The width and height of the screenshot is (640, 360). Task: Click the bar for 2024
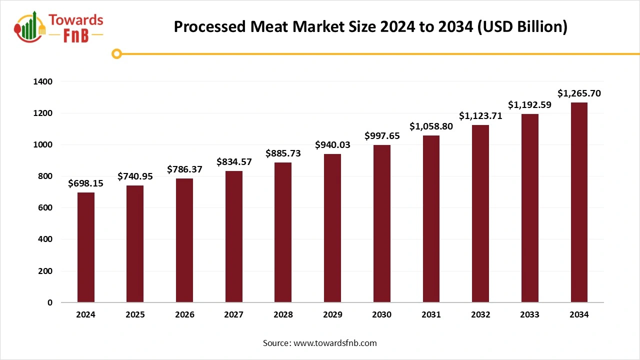(x=86, y=247)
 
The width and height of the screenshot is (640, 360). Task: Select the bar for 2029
(x=332, y=228)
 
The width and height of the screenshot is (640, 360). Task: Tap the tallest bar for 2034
(x=579, y=202)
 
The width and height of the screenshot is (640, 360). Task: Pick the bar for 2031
(x=431, y=219)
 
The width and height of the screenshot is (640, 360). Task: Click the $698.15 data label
(x=86, y=183)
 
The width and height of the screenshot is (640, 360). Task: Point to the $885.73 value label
(x=283, y=153)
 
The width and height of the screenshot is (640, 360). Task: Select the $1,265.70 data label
(x=579, y=93)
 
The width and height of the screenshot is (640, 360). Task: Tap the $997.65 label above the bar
(x=382, y=136)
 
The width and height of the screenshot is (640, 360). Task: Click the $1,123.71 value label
(x=480, y=116)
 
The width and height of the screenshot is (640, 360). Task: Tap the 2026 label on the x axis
(x=184, y=315)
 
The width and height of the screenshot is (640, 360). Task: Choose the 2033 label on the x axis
(x=529, y=315)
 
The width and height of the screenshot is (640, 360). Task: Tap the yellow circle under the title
(x=116, y=53)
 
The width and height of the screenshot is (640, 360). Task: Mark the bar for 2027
(x=233, y=236)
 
